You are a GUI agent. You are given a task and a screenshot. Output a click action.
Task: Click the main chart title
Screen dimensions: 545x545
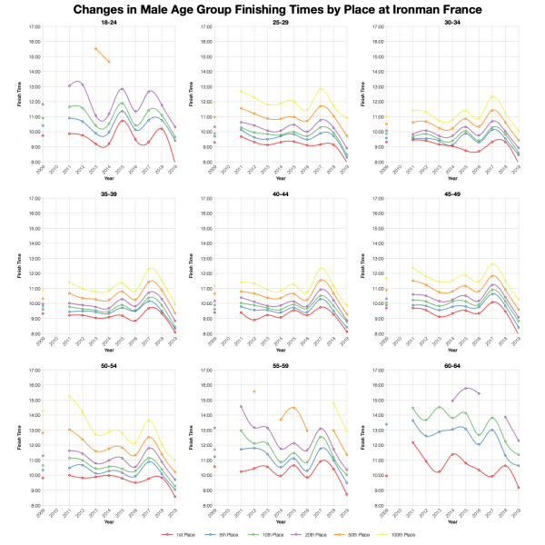pos(272,9)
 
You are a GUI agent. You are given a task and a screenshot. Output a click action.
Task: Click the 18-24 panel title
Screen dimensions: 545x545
pos(107,22)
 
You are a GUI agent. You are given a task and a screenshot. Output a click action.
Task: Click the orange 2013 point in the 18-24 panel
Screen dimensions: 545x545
pos(96,48)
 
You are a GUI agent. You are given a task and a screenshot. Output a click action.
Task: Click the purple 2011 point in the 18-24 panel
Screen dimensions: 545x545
pos(70,85)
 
